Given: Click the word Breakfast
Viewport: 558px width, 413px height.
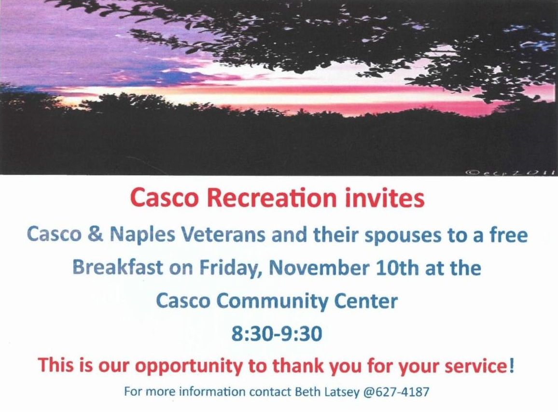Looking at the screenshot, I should point(118,268).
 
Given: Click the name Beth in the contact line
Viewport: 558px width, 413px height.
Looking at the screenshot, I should point(307,392).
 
